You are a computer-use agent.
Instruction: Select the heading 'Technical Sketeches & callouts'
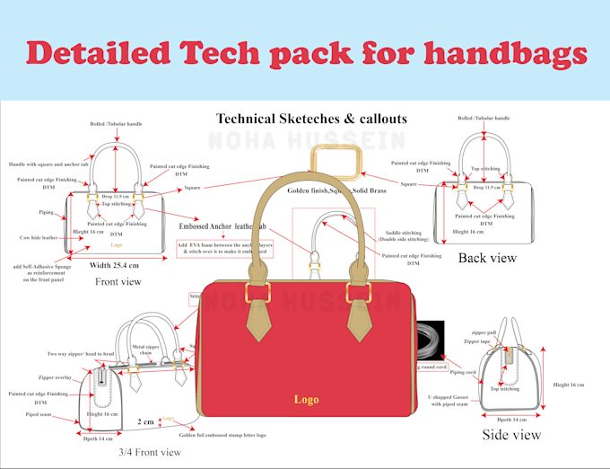coord(311,119)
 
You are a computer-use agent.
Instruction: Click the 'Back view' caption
coord(487,259)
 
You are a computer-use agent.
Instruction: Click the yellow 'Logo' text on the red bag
coord(305,399)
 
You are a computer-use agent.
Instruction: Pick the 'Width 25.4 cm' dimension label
coord(125,265)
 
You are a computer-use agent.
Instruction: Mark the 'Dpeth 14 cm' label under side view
coord(511,419)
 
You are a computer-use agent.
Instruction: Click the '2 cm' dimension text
coord(144,420)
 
